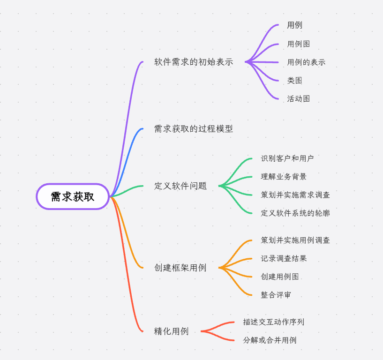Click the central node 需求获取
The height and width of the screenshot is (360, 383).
point(73,196)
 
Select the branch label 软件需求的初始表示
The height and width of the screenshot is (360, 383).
point(194,62)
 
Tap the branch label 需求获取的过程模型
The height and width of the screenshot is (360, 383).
point(194,128)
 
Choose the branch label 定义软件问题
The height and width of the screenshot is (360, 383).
point(180,186)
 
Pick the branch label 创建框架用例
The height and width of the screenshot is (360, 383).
point(180,268)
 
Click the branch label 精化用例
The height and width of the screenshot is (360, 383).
point(172,331)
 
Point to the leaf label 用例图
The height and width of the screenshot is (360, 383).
point(299,44)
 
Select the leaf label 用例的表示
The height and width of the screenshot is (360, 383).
point(306,62)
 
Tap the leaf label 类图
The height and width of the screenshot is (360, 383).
point(295,80)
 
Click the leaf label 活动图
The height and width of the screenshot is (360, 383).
point(299,98)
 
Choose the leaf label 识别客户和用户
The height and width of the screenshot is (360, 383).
point(287,158)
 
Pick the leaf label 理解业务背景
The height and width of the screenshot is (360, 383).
point(284,176)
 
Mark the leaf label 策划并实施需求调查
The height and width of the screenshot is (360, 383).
point(295,195)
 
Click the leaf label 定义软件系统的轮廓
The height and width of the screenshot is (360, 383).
point(295,213)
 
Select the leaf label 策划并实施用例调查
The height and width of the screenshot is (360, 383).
point(295,240)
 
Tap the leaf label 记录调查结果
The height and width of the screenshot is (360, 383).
point(284,258)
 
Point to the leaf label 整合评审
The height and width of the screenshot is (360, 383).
point(276,295)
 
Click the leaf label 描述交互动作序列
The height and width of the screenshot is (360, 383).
point(274,322)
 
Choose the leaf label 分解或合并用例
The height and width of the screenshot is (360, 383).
point(270,340)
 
